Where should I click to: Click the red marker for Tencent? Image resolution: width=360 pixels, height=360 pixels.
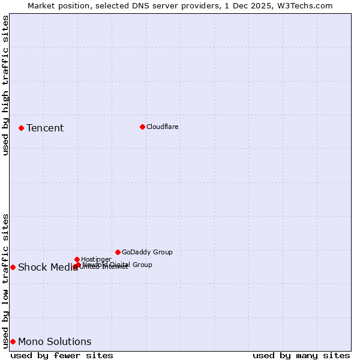21,128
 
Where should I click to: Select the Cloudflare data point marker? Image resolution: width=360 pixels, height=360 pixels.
142,127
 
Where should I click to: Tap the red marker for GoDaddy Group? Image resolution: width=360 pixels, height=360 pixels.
118,252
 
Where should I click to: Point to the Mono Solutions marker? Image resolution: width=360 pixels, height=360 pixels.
13,341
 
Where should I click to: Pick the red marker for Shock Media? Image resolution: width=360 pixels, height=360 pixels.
13,267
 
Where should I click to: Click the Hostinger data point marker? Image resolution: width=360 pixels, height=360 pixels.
77,259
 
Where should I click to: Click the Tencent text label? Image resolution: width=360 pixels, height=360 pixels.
45,128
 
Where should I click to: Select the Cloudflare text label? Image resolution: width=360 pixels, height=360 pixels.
163,127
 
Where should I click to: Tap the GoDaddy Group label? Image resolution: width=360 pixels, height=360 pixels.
147,252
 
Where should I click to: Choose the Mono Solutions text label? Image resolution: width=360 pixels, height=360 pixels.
55,341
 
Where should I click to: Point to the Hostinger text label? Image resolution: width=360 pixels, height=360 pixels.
96,259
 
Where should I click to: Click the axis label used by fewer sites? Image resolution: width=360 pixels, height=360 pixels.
62,355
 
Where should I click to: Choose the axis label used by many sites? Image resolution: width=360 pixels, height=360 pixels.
301,355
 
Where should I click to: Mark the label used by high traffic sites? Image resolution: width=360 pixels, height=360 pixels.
5,85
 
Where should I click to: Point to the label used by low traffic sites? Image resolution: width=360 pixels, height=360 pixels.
5,281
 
